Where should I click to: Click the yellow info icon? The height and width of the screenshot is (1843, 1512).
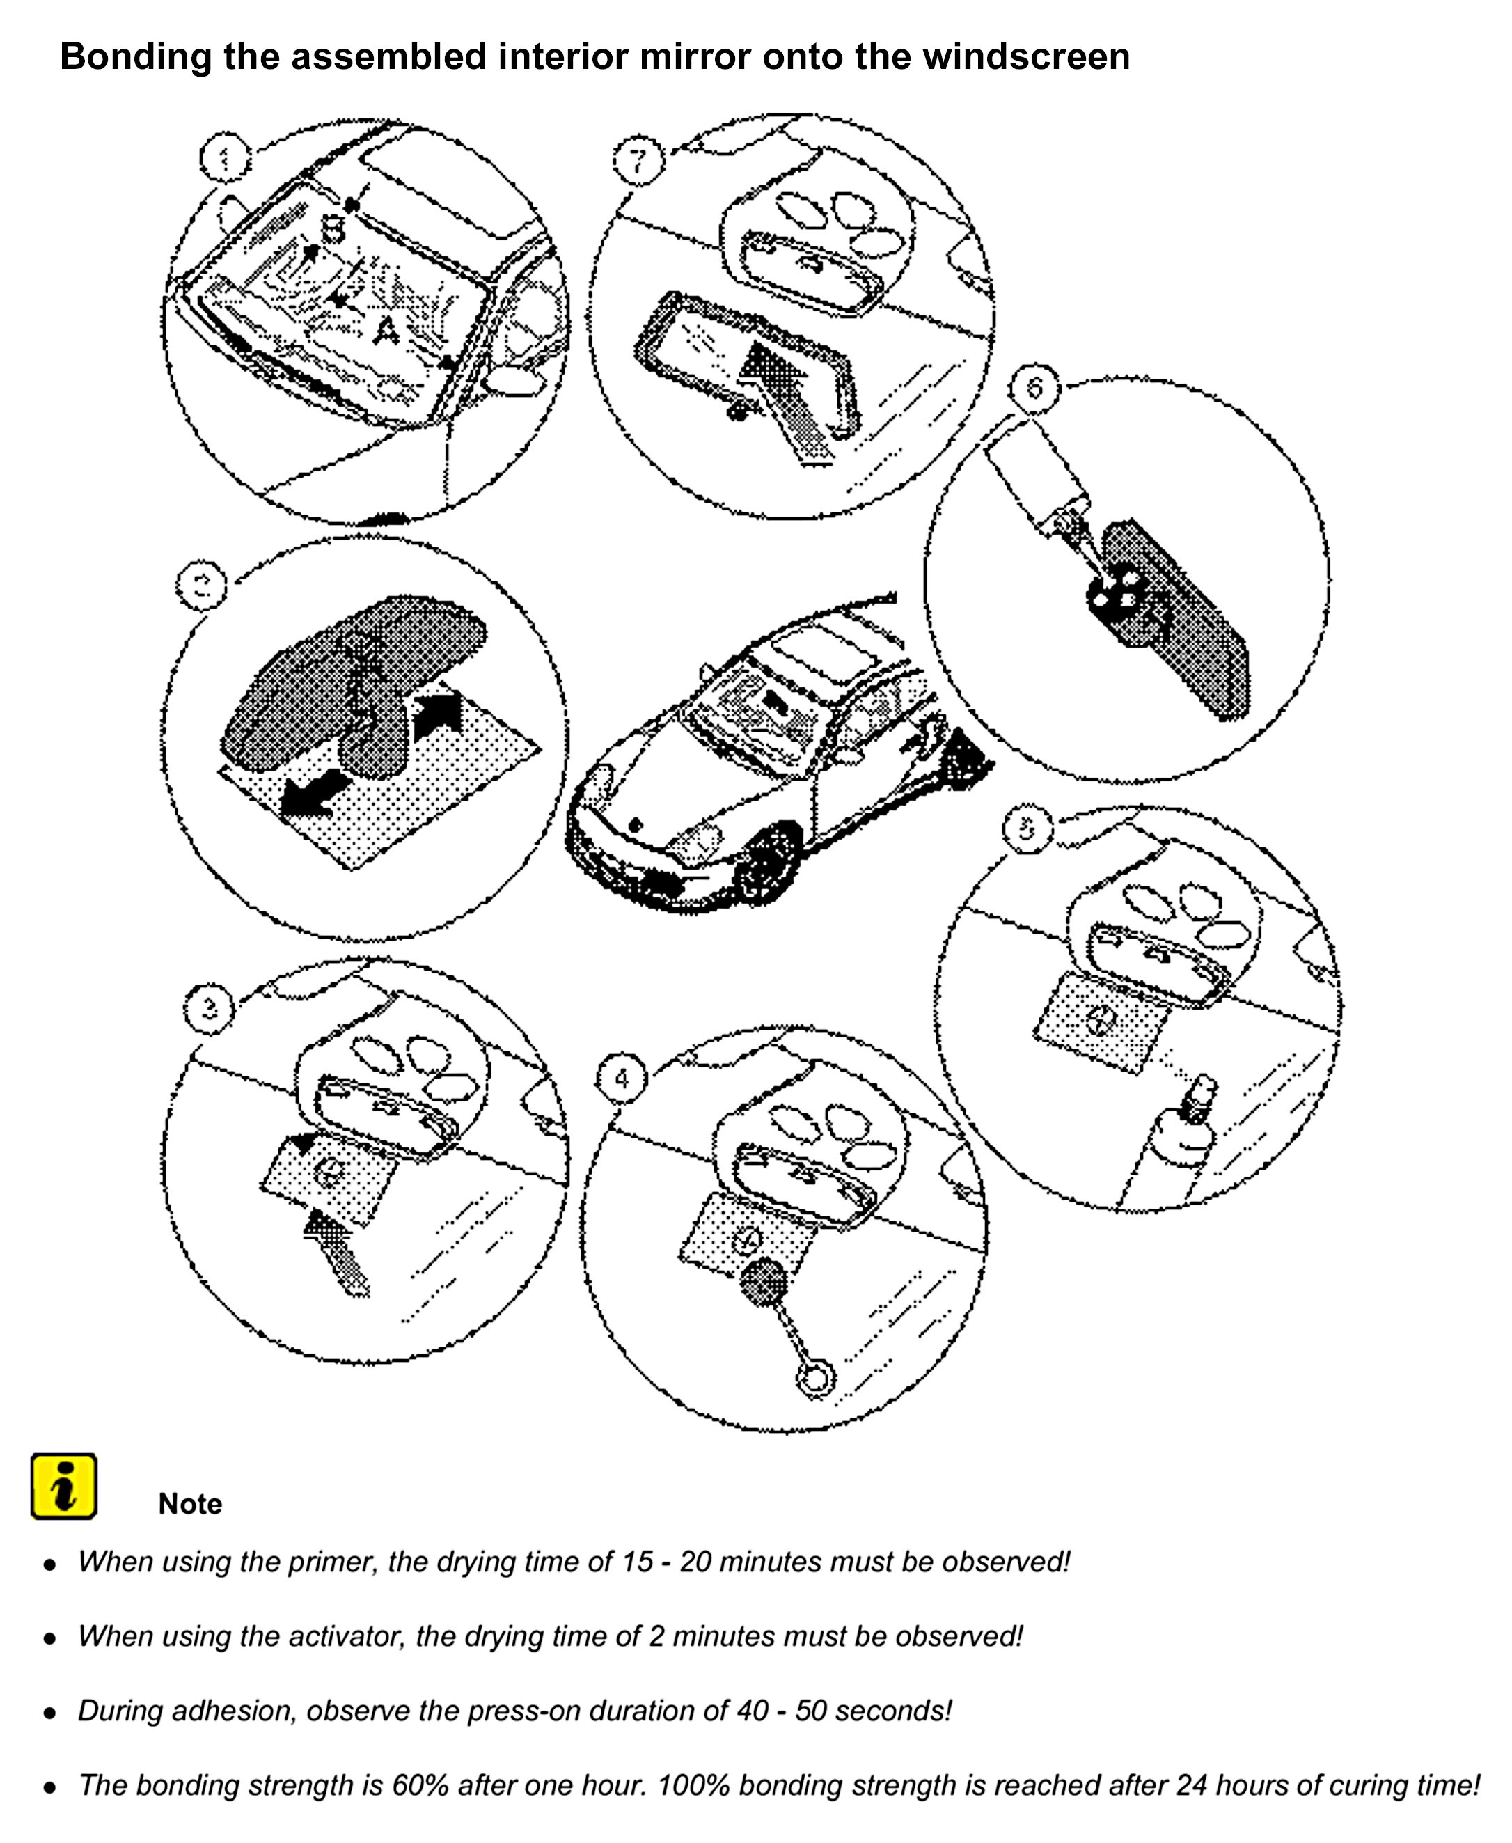coord(63,1485)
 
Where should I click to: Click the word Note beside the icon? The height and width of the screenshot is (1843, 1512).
coord(190,1503)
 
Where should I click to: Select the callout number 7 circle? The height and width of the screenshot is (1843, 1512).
coord(638,160)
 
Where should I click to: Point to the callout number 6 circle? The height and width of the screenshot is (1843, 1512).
coord(1034,388)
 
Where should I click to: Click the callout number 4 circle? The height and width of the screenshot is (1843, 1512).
coord(621,1079)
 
